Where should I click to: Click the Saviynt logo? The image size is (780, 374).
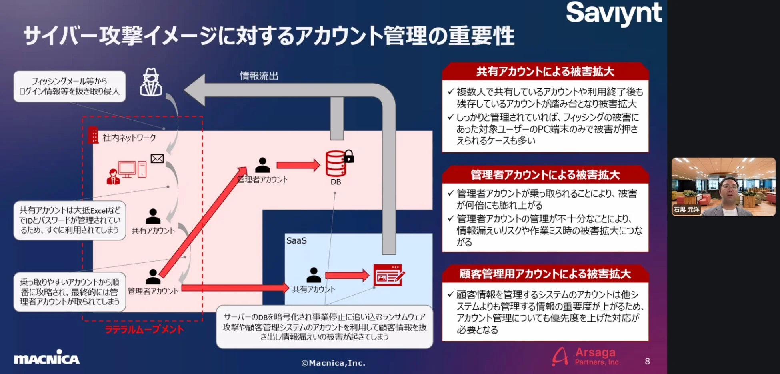614,14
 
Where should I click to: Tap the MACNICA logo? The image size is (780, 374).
47,357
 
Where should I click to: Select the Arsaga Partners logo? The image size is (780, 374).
586,356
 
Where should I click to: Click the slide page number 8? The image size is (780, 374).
647,361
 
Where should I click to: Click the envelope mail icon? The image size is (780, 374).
157,159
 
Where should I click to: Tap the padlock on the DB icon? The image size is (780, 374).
349,156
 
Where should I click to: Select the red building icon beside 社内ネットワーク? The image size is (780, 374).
93,135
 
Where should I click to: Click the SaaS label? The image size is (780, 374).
296,240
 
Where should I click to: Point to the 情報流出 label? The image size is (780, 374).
259,76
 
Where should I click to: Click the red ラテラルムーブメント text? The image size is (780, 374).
144,329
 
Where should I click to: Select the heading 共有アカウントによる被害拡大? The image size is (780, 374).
545,72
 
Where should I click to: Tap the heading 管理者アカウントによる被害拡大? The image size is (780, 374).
545,175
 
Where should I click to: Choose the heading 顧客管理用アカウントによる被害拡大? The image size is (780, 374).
545,274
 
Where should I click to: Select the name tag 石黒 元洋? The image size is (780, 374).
686,209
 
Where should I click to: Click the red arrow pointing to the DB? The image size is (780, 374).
298,165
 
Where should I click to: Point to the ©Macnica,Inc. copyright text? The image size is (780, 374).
333,363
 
